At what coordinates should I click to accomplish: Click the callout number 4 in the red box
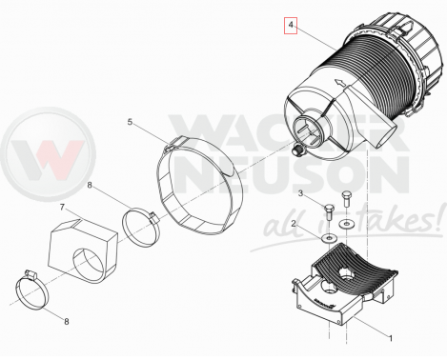291,25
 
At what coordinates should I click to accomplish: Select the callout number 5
130,122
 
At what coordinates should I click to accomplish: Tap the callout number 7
62,208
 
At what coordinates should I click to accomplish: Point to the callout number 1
391,338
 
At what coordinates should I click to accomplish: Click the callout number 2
294,224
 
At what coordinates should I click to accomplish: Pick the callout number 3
300,193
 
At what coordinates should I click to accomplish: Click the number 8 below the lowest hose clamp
67,322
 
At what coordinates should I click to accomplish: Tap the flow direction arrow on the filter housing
341,83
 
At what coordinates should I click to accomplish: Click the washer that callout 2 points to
329,238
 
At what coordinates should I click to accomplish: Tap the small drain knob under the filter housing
297,150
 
